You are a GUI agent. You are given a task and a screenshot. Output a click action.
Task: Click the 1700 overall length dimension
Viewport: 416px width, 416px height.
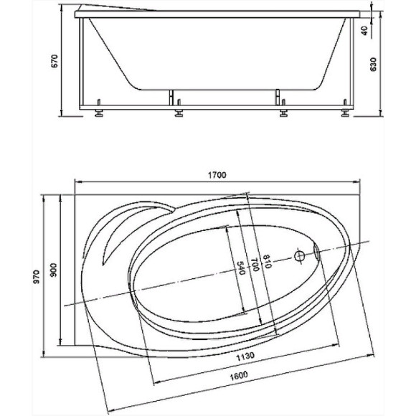pos(217,175)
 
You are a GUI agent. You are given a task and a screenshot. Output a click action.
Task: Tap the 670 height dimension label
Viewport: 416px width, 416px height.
pos(54,61)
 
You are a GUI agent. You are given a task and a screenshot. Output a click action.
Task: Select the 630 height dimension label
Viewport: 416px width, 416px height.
pos(373,65)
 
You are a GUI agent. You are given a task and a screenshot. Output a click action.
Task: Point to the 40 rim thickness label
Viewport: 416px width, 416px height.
pos(365,31)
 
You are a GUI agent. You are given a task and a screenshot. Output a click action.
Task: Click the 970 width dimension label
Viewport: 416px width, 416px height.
pos(36,277)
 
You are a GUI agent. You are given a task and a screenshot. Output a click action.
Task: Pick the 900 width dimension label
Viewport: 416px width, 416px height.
pos(53,270)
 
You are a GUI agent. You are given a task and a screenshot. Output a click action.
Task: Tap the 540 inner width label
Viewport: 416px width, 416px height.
pos(240,268)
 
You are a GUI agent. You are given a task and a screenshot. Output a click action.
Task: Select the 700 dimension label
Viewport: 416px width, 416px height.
pos(255,265)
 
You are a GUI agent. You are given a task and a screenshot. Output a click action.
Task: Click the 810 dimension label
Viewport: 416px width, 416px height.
pos(267,262)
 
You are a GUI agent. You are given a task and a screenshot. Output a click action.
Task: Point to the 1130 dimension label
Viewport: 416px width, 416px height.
pos(245,356)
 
